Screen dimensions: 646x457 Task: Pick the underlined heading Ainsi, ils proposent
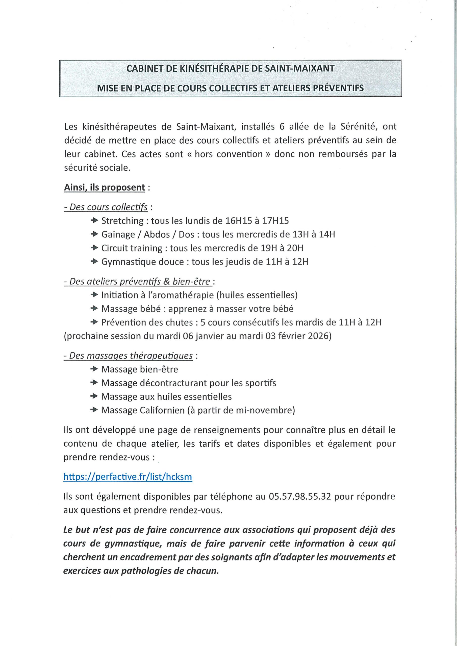[105, 188]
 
